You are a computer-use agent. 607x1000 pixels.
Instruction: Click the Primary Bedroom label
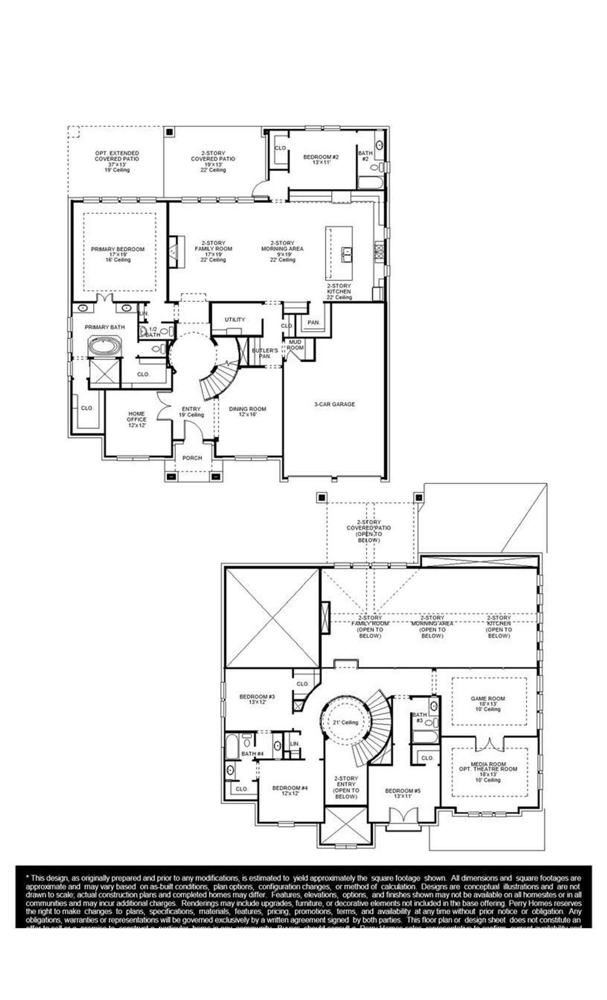[x=118, y=249]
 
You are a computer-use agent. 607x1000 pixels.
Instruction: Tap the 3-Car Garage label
[x=334, y=405]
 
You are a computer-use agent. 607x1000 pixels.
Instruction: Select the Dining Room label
[x=248, y=409]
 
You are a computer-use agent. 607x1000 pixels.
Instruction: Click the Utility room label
[x=235, y=320]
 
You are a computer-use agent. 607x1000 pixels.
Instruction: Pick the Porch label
[x=192, y=458]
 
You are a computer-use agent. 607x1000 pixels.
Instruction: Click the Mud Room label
[x=295, y=344]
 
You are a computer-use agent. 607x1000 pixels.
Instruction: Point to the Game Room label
[x=487, y=699]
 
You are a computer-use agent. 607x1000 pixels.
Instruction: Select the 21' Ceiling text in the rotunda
[x=346, y=722]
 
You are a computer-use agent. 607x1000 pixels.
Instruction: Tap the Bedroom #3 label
[x=257, y=697]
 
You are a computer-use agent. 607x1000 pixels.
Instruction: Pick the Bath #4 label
[x=252, y=754]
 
